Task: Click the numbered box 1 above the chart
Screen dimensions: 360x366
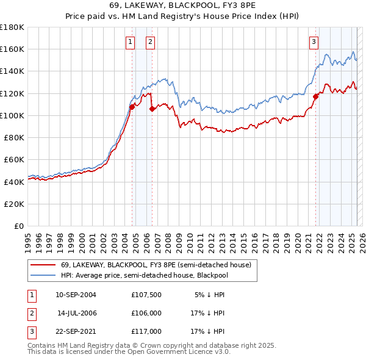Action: click(131, 42)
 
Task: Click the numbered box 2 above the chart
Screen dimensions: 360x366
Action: click(150, 42)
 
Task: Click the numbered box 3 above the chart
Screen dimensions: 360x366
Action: click(314, 42)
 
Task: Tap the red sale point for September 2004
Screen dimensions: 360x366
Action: click(132, 107)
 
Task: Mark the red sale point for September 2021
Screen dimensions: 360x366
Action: click(316, 96)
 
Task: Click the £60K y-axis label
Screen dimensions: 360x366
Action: click(14, 159)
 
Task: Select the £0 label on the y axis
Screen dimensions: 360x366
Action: click(20, 226)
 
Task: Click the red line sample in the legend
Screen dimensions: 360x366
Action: click(43, 264)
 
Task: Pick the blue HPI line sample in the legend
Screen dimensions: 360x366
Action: click(43, 275)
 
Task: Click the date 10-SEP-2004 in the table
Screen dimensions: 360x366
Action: click(76, 295)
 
